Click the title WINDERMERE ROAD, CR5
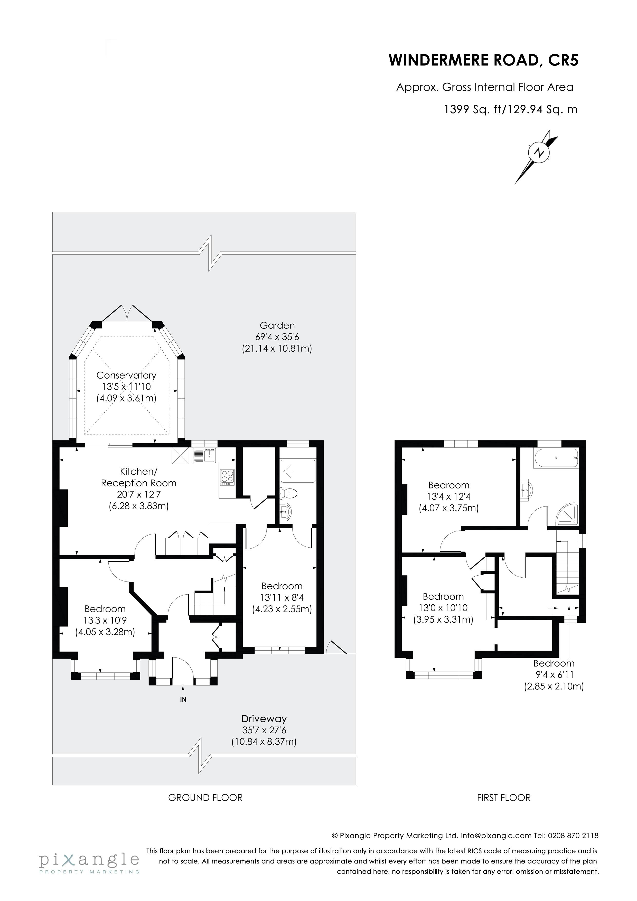pyautogui.click(x=484, y=60)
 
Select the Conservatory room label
pyautogui.click(x=126, y=376)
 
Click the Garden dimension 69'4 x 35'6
pyautogui.click(x=277, y=337)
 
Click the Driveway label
pyautogui.click(x=264, y=719)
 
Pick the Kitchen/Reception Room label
pyautogui.click(x=138, y=477)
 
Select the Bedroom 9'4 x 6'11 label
pyautogui.click(x=554, y=664)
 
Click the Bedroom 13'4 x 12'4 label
pyautogui.click(x=449, y=485)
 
